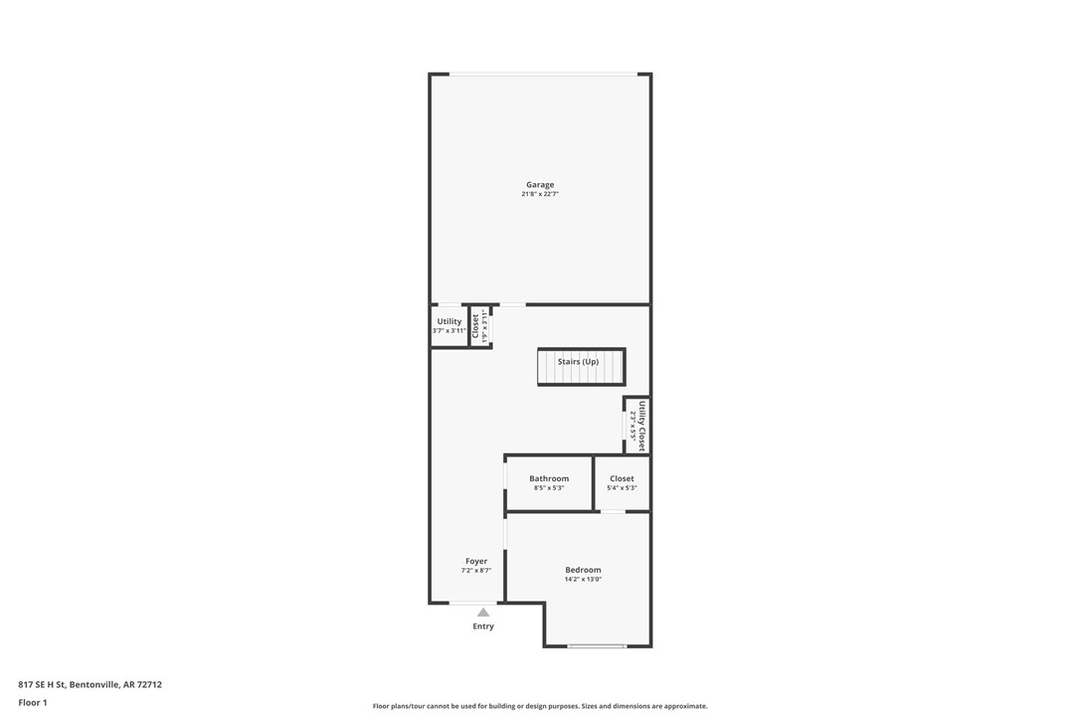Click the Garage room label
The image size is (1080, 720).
point(540,185)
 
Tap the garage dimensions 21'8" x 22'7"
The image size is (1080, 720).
point(540,195)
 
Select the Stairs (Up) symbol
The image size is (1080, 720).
point(581,366)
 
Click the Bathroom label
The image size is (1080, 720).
point(549,478)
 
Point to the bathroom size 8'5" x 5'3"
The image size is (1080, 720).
point(549,488)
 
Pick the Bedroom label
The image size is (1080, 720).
point(583,570)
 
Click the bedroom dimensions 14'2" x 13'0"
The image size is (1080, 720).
point(583,580)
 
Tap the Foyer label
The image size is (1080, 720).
point(476,561)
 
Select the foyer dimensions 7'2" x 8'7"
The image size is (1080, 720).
point(476,571)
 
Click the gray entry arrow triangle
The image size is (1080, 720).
point(483,613)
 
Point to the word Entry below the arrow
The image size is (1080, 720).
point(483,627)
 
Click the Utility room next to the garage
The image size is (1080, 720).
point(450,325)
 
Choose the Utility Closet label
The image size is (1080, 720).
point(642,426)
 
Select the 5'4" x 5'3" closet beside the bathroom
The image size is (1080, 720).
point(622,483)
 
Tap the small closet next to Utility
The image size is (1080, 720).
point(480,326)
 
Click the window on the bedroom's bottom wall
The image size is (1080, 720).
point(597,646)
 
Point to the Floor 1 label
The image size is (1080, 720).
point(33,702)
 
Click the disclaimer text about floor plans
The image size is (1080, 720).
point(540,706)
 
